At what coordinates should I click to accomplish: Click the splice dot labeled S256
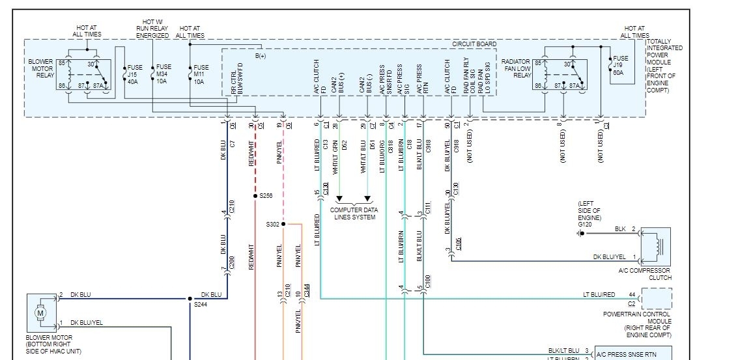(255, 196)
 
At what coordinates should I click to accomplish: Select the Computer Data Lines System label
(353, 214)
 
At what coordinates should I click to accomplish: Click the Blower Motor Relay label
(40, 69)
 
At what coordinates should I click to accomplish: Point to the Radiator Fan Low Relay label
(515, 68)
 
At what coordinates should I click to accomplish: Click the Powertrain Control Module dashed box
(657, 299)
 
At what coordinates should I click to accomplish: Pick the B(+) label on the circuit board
(261, 56)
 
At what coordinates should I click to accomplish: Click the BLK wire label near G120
(619, 229)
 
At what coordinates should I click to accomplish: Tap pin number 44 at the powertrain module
(631, 294)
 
